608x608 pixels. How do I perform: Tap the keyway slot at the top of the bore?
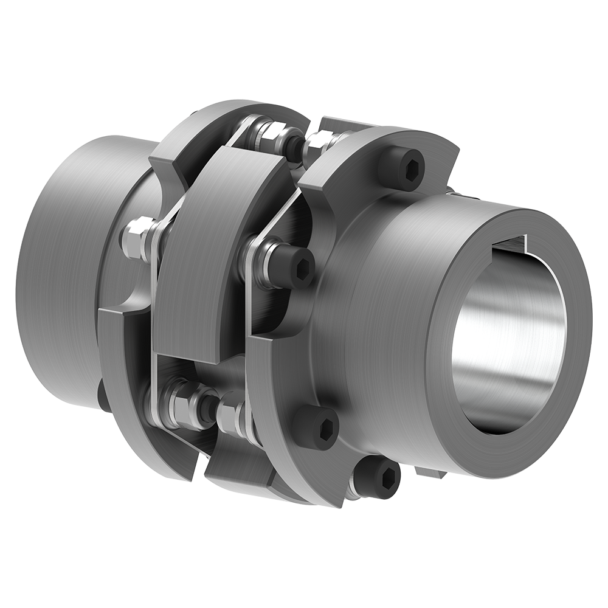(508, 245)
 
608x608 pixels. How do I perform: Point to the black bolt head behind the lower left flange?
(103, 395)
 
